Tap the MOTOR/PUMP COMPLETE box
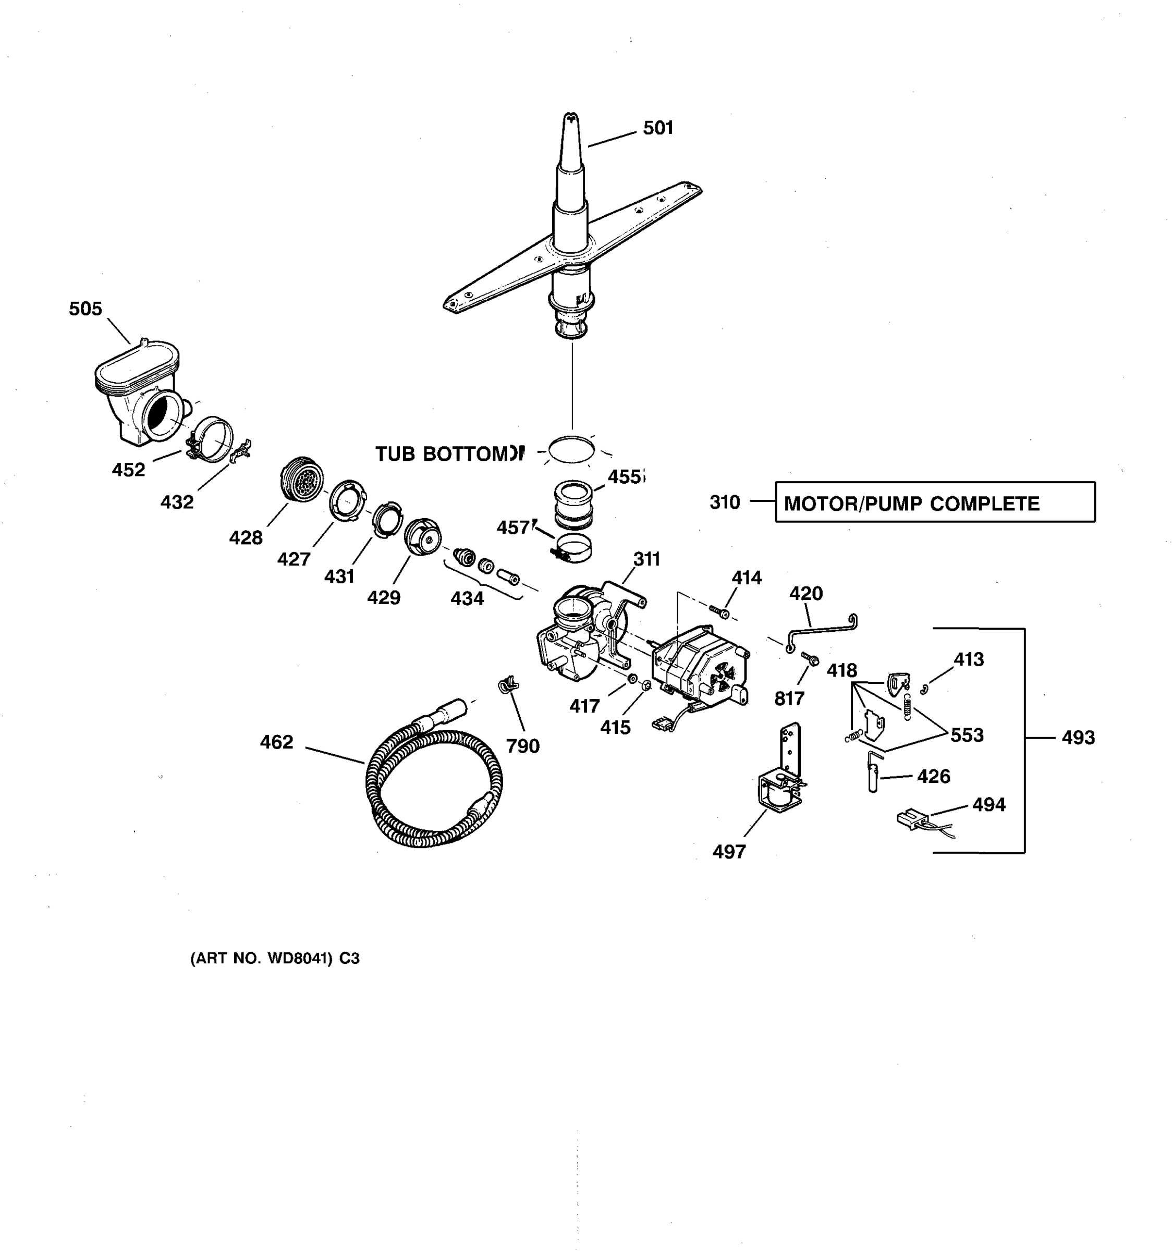pos(935,502)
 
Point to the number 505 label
pos(85,309)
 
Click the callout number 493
pos(1078,738)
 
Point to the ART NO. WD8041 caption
pos(275,959)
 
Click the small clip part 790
pos(507,684)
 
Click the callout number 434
pos(467,598)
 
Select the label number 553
pos(967,735)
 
